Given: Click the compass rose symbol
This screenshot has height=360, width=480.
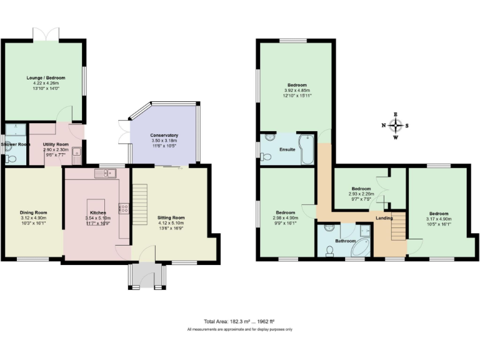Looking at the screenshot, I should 395,126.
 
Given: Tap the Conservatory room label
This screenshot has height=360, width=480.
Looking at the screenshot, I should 164,135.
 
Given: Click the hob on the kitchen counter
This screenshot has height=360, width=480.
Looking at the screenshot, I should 124,207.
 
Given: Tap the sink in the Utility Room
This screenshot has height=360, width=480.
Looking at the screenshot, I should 75,151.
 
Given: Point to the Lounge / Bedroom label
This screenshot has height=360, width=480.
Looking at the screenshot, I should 46,78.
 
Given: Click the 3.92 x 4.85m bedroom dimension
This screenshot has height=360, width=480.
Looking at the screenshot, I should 296,91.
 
